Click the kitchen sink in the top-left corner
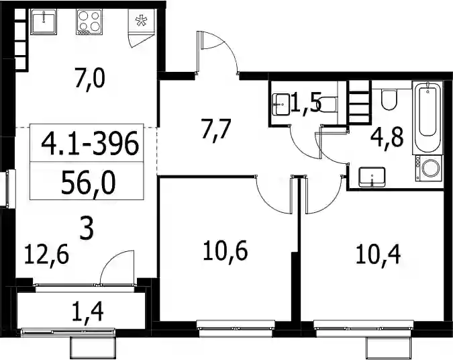tap(44, 21)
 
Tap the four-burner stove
tap(89, 22)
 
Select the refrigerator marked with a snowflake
tap(142, 21)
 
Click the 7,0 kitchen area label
tap(89, 79)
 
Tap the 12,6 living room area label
tap(46, 255)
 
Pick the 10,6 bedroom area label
tap(225, 251)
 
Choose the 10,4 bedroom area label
tap(378, 255)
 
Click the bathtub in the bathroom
tap(427, 118)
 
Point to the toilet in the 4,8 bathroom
tap(389, 99)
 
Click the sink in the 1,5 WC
tap(281, 104)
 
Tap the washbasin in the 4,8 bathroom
tap(372, 177)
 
